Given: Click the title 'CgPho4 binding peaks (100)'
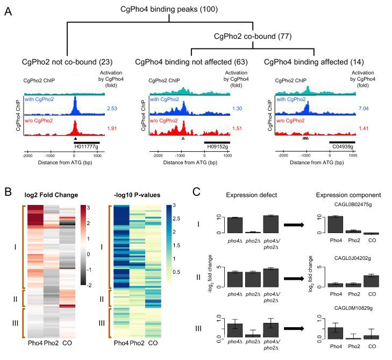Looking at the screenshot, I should pos(193,9).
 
